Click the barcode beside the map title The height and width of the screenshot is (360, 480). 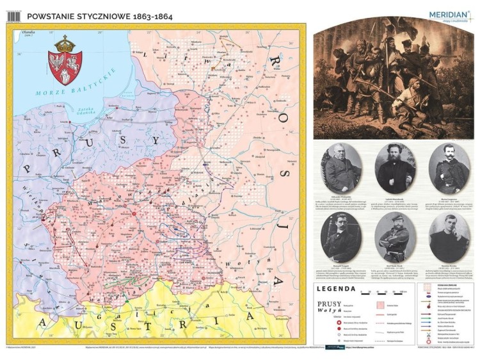[x=13, y=15]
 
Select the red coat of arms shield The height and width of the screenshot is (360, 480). [x=64, y=68]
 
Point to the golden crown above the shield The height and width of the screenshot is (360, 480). [x=64, y=44]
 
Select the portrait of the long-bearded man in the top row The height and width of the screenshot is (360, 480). [x=395, y=168]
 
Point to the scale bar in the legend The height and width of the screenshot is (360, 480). [x=383, y=292]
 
